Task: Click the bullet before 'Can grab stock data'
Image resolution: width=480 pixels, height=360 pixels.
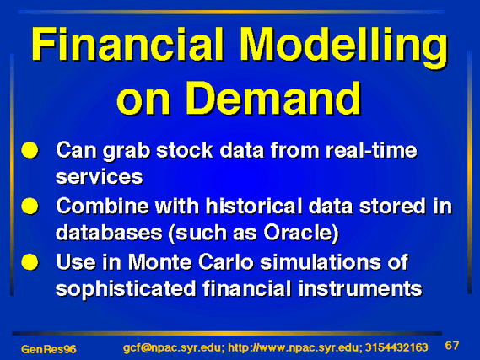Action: [x=30, y=150]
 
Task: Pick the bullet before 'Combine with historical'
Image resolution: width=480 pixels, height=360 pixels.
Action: [x=30, y=206]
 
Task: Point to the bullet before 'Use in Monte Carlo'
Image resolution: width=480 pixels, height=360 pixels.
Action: [x=30, y=262]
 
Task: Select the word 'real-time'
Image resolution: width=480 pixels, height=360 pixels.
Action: [x=371, y=150]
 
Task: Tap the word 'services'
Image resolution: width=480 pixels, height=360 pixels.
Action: [x=100, y=177]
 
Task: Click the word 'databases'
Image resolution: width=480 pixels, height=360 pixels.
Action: [x=109, y=233]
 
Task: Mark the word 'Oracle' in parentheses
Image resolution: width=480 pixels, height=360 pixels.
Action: [x=299, y=233]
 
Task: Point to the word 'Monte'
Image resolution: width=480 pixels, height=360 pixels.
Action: [x=159, y=262]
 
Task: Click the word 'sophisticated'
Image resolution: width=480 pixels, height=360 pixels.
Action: [x=126, y=288]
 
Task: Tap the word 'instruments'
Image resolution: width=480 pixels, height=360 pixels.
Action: [x=360, y=288]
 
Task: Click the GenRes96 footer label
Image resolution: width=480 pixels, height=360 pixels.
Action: [x=49, y=349]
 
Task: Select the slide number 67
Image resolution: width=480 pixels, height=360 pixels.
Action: [x=452, y=346]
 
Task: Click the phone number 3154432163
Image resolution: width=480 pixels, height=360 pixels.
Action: [x=396, y=347]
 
